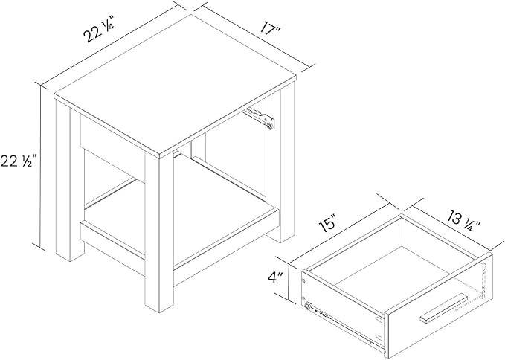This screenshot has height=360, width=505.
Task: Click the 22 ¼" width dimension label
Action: [99, 31]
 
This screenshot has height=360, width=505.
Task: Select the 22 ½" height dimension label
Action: [19, 161]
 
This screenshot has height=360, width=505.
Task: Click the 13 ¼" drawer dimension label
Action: [464, 222]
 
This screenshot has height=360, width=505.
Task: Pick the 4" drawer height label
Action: [275, 277]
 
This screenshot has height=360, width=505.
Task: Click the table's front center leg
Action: [159, 232]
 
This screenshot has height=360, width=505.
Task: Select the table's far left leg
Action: [70, 180]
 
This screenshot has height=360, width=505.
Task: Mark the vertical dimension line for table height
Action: [40, 167]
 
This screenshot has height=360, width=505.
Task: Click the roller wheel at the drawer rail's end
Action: [308, 307]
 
